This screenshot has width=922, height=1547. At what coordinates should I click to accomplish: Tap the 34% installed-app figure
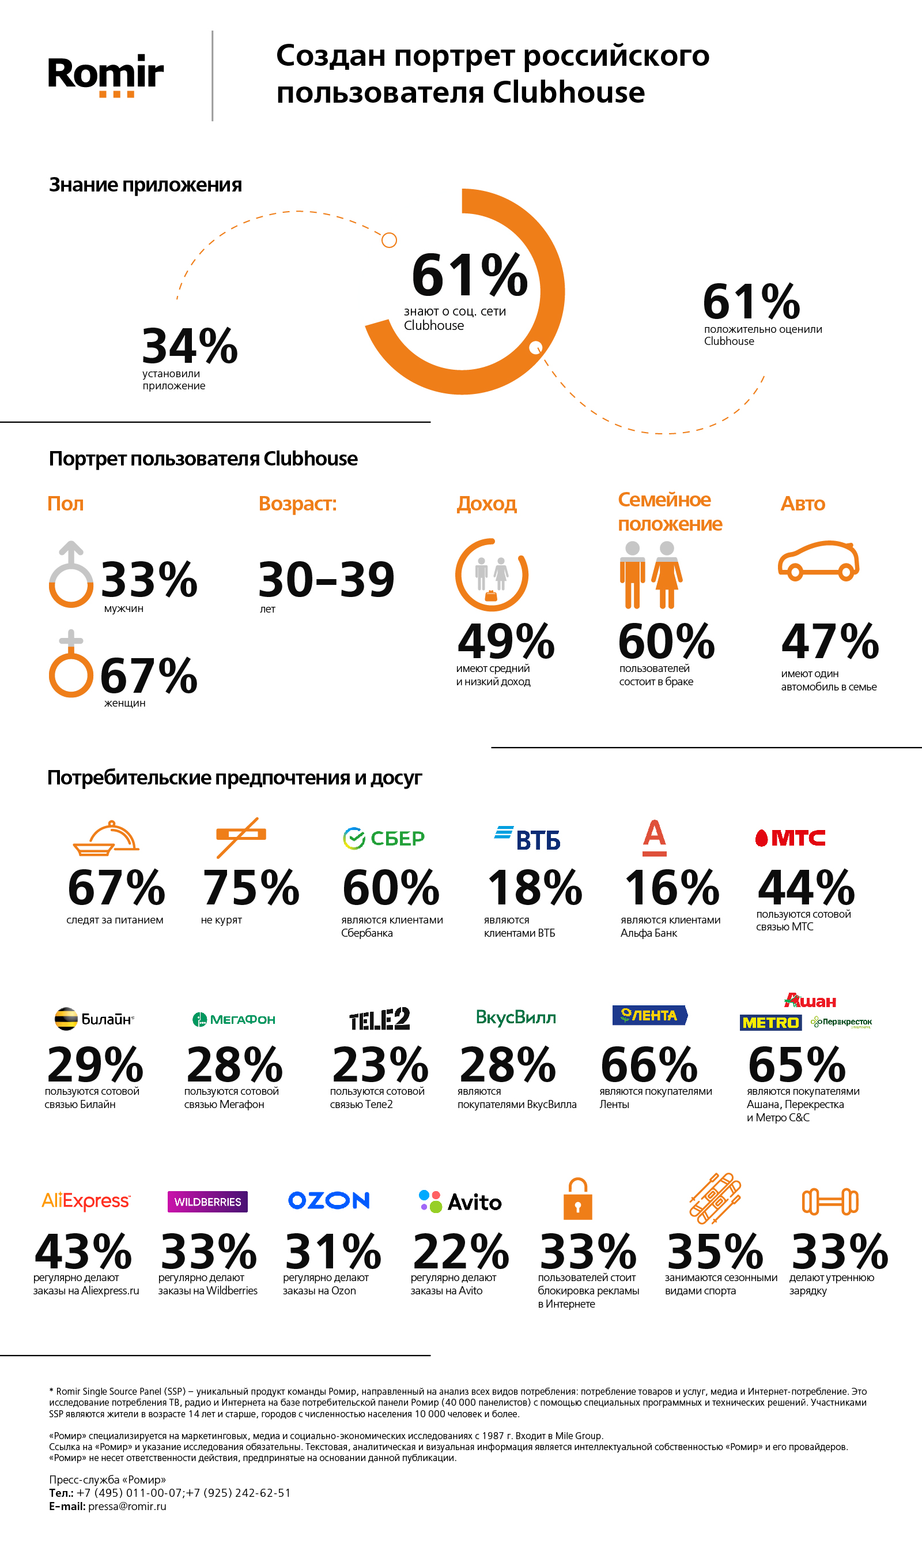pyautogui.click(x=190, y=346)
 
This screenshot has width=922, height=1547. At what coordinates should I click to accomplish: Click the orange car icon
pyautogui.click(x=818, y=561)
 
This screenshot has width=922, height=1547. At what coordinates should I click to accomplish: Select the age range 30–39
pyautogui.click(x=326, y=580)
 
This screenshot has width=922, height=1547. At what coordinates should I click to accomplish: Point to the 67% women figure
pyautogui.click(x=149, y=676)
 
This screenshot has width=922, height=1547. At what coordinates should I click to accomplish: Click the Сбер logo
pyautogui.click(x=384, y=838)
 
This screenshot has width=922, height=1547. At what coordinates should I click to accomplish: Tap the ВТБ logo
pyautogui.click(x=527, y=839)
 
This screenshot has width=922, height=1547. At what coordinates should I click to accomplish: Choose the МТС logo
pyautogui.click(x=790, y=838)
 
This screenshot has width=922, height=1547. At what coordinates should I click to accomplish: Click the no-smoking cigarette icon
pyautogui.click(x=240, y=836)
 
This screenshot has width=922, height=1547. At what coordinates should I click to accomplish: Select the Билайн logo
pyautogui.click(x=94, y=1019)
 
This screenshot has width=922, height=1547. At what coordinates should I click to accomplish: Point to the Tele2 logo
pyautogui.click(x=380, y=1019)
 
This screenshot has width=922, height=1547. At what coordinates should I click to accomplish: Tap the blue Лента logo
pyautogui.click(x=650, y=1015)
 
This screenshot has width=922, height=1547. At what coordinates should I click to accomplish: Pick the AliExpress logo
pyautogui.click(x=86, y=1201)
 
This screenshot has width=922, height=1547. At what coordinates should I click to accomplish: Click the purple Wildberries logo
pyautogui.click(x=207, y=1202)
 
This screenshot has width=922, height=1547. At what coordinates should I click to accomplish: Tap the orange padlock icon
pyautogui.click(x=577, y=1199)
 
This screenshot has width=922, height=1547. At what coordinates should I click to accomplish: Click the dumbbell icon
pyautogui.click(x=830, y=1201)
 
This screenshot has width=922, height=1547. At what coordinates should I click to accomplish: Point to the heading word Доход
pyautogui.click(x=486, y=504)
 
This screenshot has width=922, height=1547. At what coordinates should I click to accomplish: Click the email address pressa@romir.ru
pyautogui.click(x=127, y=1506)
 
